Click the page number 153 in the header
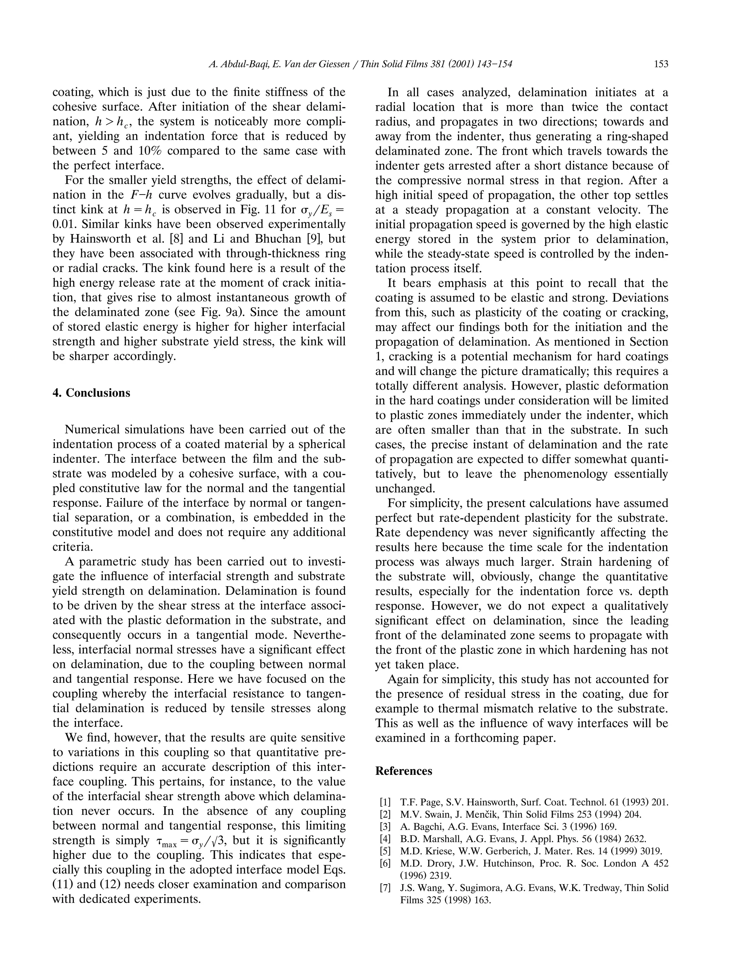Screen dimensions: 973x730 tap(661, 64)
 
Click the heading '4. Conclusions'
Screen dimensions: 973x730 tap(91, 393)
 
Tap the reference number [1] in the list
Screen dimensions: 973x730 tap(385, 802)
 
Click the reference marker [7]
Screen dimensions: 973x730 tap(385, 888)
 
